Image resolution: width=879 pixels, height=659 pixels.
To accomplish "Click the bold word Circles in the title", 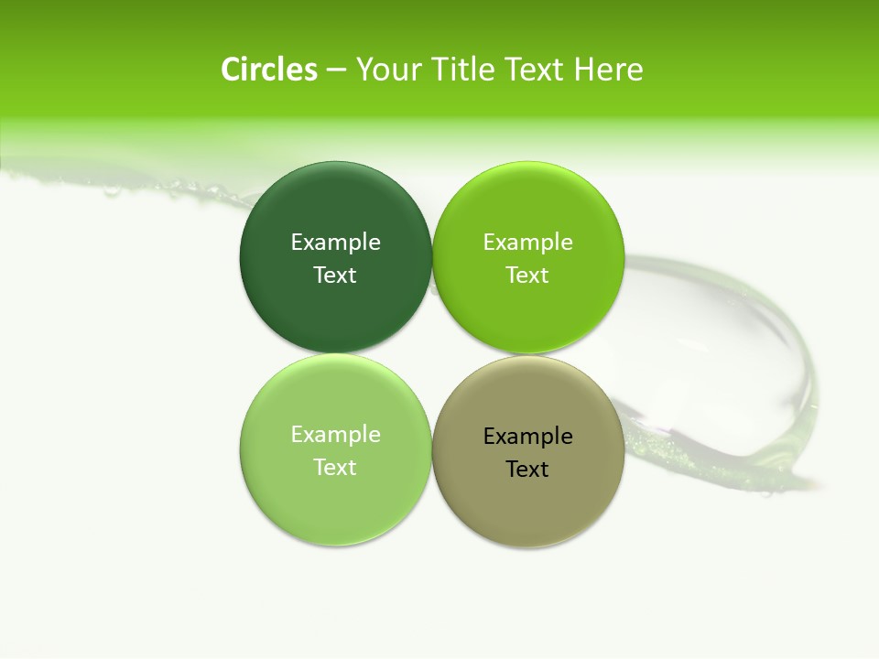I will point(269,70).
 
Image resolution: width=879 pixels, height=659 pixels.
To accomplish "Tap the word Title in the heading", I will point(463,70).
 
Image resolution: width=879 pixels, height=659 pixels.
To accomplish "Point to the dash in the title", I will point(336,70).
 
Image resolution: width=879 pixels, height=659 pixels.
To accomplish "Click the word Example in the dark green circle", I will point(335,242).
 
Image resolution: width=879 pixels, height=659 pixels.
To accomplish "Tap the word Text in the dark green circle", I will point(335,275).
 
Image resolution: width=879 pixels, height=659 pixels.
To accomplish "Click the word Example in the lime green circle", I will point(527,242).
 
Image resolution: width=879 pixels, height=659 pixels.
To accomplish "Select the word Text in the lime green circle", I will point(527,275).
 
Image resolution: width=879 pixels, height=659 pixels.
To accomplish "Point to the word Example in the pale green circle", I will point(335,434).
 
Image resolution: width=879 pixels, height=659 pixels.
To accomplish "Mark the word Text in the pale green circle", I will point(335,467).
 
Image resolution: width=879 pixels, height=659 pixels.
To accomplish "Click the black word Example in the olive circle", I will point(527,436).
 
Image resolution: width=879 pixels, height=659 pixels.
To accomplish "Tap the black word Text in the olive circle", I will point(527,469).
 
